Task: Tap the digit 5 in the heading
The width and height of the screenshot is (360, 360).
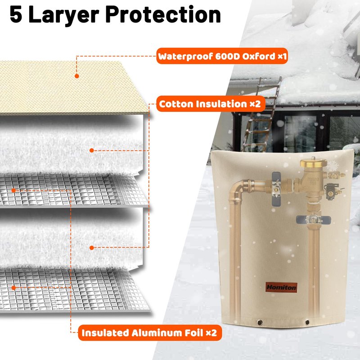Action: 16,15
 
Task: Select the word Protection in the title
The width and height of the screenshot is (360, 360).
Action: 163,15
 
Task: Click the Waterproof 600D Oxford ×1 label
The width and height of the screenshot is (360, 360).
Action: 222,56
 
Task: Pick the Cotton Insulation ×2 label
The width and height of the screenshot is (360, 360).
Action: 211,104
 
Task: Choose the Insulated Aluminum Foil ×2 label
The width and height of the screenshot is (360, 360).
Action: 150,333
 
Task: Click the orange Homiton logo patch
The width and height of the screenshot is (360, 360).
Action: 281,287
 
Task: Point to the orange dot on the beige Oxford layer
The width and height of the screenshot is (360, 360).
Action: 76,76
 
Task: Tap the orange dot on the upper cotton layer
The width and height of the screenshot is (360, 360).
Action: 92,150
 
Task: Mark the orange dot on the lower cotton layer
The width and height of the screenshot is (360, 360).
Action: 92,248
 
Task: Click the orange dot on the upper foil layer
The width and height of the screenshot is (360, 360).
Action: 13,190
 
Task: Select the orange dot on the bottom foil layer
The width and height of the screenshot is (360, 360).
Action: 13,288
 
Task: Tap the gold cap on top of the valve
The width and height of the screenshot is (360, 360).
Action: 313,162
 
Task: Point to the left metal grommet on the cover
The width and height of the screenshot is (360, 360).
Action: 260,323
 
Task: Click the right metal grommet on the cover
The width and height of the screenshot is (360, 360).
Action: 307,322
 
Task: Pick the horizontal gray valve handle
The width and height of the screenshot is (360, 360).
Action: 313,220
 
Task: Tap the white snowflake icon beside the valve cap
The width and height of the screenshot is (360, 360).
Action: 333,166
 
